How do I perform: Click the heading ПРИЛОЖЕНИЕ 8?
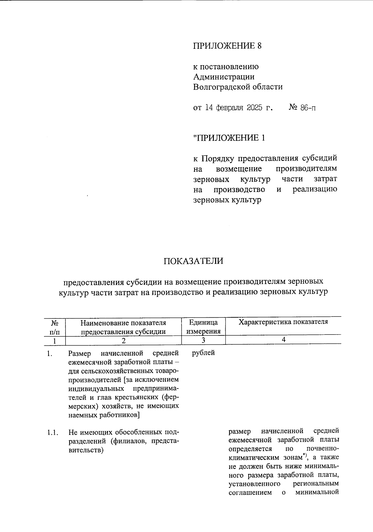pos(227,46)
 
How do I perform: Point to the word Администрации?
pos(224,76)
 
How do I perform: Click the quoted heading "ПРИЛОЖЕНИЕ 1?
pos(229,138)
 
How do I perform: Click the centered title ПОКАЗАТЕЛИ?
pos(193,261)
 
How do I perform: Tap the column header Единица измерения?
pos(203,326)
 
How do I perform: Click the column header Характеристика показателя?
pos(283,322)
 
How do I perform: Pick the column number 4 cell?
pos(283,340)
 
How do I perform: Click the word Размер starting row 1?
pos(80,353)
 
